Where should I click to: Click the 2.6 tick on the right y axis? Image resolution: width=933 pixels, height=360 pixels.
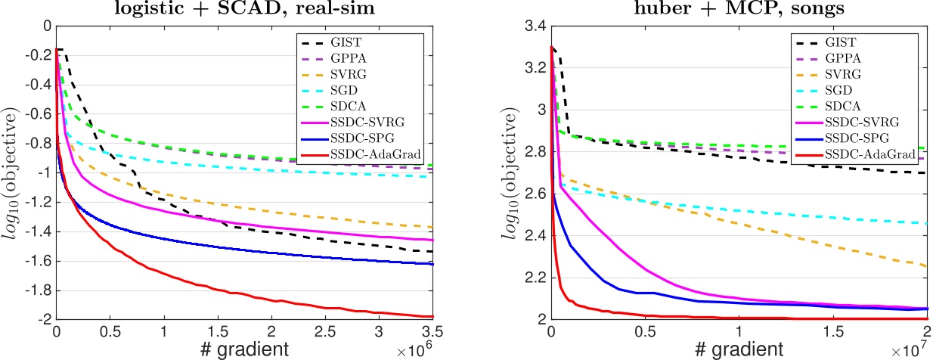(536, 194)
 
